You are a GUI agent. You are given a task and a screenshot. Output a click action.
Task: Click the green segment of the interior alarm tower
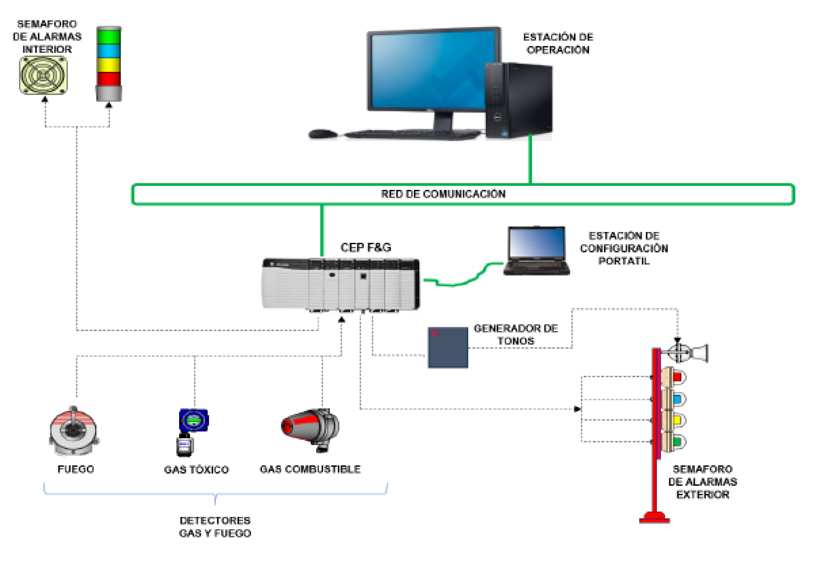pos(109,37)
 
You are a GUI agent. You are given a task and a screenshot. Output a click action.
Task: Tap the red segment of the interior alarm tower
pos(109,79)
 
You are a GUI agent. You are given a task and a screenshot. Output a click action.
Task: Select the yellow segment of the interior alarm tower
pos(109,65)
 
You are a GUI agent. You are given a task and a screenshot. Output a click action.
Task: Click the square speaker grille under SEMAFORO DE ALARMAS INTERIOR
pos(43,76)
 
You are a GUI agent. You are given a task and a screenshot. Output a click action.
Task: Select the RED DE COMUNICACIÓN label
pos(443,194)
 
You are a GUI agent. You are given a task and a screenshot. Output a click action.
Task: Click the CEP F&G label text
pos(366,247)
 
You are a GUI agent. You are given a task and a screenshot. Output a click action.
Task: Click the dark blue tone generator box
pos(448,347)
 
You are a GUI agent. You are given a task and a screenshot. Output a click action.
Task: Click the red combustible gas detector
pos(310,428)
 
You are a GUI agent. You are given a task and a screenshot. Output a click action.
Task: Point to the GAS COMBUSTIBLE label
pos(310,469)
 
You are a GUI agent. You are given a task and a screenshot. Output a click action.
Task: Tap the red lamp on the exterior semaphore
pos(676,377)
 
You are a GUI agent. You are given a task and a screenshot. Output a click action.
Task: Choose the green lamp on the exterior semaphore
pos(676,442)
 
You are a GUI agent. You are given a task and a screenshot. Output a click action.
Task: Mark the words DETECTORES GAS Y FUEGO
pos(215,527)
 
